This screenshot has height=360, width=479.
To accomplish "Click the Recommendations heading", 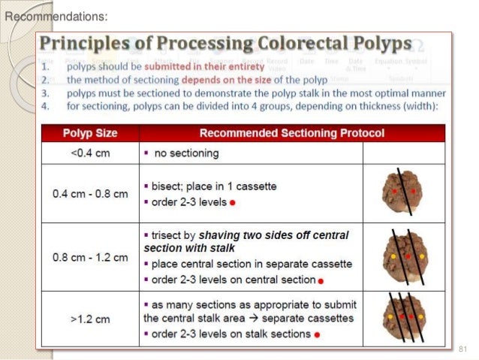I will (56, 16).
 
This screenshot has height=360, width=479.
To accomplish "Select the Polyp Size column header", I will (89, 134).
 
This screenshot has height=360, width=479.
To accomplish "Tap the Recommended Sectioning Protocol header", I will (292, 134).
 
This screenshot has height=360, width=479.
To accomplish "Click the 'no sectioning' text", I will (186, 153).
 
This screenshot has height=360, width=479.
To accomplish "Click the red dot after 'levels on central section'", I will (320, 281).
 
